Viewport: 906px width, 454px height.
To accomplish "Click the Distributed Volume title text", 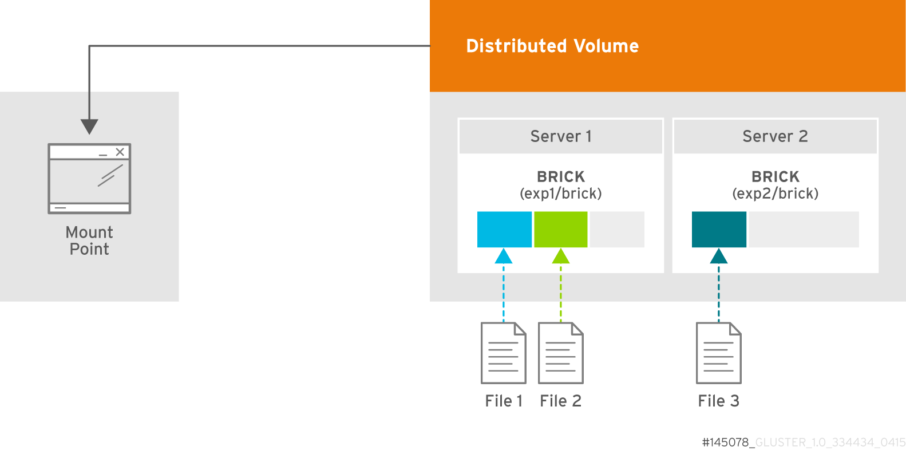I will (x=552, y=46).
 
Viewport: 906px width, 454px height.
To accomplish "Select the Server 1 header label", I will (x=561, y=136).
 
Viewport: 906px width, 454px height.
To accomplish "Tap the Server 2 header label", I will (x=775, y=136).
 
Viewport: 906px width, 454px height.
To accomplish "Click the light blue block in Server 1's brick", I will (x=504, y=230).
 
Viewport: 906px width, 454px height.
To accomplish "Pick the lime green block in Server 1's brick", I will (x=560, y=230).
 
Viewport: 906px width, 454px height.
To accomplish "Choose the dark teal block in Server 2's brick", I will (x=719, y=230).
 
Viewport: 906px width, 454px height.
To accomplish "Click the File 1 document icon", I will (x=504, y=353).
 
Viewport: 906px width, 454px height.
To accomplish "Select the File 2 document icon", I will (x=561, y=353).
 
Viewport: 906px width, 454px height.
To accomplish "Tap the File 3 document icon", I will (x=719, y=353).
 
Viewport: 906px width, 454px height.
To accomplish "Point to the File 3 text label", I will (x=719, y=401).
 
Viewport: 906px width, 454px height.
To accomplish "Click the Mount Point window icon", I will (x=89, y=179).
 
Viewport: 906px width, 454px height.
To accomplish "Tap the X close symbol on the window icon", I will (x=120, y=152).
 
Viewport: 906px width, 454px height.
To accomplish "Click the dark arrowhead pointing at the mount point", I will (x=89, y=126).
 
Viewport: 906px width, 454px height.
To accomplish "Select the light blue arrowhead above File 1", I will (x=504, y=257).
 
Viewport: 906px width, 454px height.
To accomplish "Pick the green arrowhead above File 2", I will (x=561, y=257).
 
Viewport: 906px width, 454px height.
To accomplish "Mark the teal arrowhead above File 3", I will (x=719, y=257).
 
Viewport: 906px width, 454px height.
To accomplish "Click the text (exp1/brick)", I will (x=561, y=194).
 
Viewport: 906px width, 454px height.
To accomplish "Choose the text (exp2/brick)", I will (x=775, y=194).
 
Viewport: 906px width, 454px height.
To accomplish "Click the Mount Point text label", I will (x=89, y=240).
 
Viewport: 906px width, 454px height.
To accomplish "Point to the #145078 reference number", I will (x=726, y=442).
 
